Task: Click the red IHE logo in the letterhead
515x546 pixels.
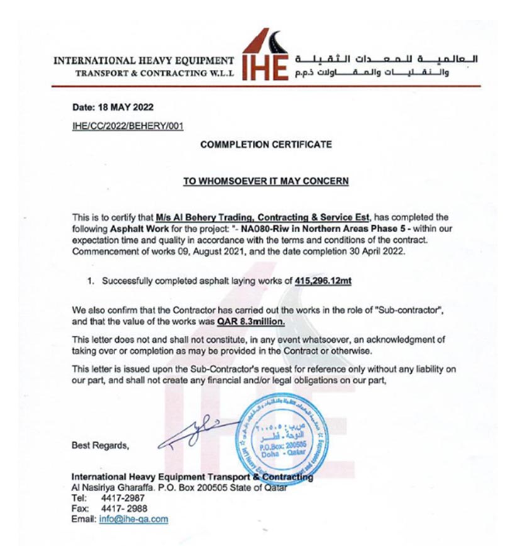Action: pos(265,56)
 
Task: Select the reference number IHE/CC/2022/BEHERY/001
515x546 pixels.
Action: pos(128,126)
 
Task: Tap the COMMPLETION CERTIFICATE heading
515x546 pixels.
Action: pos(265,145)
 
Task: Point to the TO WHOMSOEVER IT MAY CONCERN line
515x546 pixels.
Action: pos(265,181)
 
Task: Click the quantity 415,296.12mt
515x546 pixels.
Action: pos(323,281)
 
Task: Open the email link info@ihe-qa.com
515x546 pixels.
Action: pos(133,519)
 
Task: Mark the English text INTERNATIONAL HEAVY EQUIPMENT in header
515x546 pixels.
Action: pos(144,61)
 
